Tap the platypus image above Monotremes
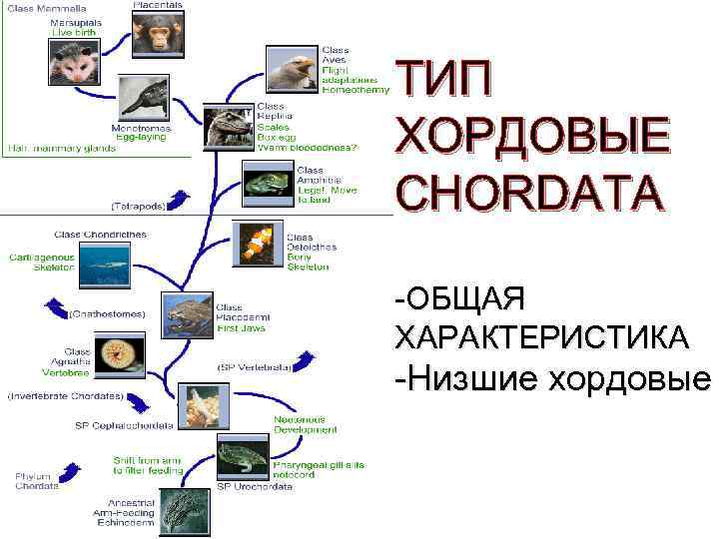pos(146,98)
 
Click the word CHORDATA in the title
pos(529,193)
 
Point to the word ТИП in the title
pos(443,76)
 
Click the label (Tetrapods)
pos(138,207)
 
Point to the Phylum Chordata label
pos(37,480)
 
